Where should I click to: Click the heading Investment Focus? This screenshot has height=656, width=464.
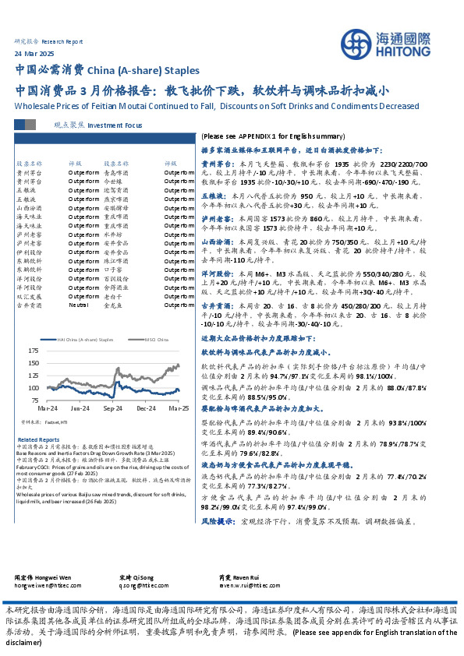pos(115,125)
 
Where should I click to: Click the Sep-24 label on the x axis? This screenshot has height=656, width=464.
pos(113,408)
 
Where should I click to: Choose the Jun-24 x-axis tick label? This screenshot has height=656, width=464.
pos(80,408)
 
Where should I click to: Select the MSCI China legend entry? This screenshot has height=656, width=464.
pos(136,339)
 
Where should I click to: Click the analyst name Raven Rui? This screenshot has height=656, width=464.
pos(231,577)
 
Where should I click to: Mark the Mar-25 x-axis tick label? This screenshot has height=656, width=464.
pos(179,408)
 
